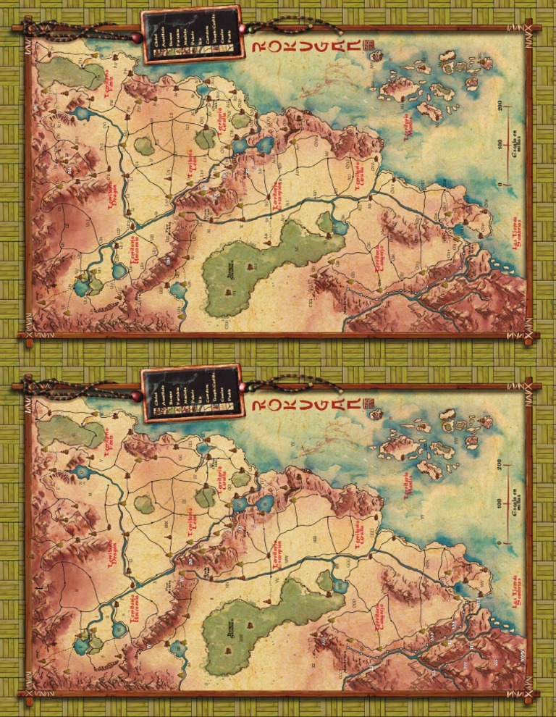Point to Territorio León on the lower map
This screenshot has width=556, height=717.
click(x=193, y=523)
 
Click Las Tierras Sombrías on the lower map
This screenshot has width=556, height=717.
click(x=517, y=592)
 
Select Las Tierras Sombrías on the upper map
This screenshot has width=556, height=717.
click(x=517, y=232)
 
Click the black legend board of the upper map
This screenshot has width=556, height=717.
click(x=191, y=34)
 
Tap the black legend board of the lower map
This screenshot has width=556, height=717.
click(x=191, y=393)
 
